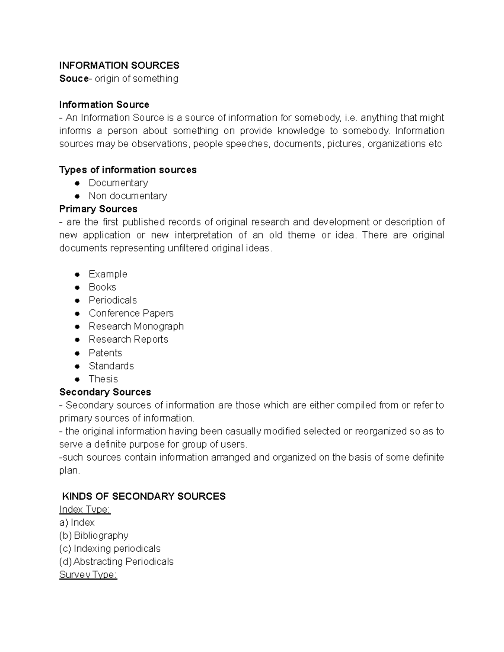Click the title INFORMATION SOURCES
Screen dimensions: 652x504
click(x=119, y=65)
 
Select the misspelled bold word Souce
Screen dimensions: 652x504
click(x=73, y=79)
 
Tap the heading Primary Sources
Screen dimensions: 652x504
click(x=98, y=209)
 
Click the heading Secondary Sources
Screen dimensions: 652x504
click(x=105, y=392)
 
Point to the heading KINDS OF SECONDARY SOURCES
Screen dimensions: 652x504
click(x=144, y=496)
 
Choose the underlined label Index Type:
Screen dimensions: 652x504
click(x=85, y=509)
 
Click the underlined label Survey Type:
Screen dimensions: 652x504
click(x=88, y=575)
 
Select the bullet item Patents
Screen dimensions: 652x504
click(x=105, y=353)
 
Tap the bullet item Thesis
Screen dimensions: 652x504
click(x=103, y=379)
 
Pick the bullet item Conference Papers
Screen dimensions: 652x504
click(x=131, y=313)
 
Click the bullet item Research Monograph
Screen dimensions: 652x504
click(x=136, y=326)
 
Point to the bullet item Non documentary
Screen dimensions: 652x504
click(x=128, y=196)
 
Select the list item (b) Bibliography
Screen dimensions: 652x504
click(x=94, y=535)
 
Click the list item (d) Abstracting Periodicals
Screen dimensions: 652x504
click(x=116, y=561)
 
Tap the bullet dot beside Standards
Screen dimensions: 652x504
click(x=77, y=366)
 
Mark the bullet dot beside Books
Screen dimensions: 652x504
click(x=77, y=288)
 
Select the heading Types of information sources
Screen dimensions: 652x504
click(x=128, y=170)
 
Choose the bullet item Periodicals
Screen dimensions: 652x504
click(x=113, y=300)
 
